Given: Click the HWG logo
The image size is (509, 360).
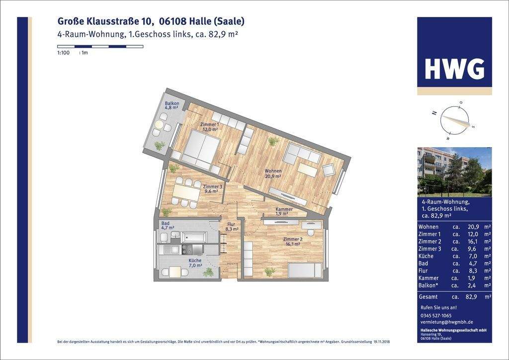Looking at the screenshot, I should [454, 69].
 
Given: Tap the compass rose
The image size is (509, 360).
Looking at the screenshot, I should [454, 121].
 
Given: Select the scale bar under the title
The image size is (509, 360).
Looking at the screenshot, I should [100, 47].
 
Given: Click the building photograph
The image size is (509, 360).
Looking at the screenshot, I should [454, 172].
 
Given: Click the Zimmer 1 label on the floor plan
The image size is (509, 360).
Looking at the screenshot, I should [209, 126].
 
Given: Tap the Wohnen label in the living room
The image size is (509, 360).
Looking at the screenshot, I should [273, 173].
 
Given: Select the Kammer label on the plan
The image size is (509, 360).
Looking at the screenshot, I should [284, 211].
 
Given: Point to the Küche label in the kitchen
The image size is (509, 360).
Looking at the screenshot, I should [195, 263].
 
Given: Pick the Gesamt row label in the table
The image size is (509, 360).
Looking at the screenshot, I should [428, 297].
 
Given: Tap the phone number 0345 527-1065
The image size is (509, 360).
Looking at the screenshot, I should [436, 315].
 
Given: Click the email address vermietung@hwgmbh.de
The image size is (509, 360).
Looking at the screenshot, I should [446, 322].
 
